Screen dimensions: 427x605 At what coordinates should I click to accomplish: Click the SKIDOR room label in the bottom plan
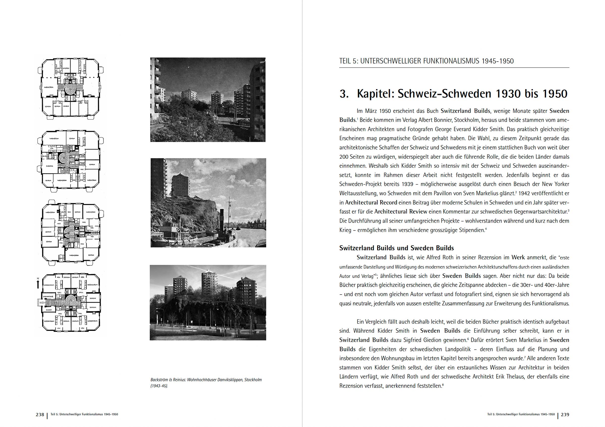pyautogui.click(x=49, y=310)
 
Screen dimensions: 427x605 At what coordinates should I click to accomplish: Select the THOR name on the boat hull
pyautogui.click(x=158, y=239)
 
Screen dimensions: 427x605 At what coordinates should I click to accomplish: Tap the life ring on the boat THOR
pyautogui.click(x=178, y=229)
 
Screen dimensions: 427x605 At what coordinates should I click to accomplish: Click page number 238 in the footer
pyautogui.click(x=40, y=415)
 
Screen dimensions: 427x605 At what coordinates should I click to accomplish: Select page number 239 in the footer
pyautogui.click(x=565, y=415)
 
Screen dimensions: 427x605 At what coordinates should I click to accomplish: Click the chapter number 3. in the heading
pyautogui.click(x=344, y=94)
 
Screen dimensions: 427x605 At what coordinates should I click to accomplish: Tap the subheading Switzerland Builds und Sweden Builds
pyautogui.click(x=396, y=248)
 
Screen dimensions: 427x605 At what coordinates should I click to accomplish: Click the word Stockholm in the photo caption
pyautogui.click(x=253, y=380)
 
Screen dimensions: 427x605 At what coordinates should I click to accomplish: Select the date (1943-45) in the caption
pyautogui.click(x=159, y=386)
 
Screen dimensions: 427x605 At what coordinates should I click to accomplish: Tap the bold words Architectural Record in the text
pyautogui.click(x=371, y=203)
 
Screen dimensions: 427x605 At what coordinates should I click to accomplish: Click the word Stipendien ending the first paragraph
pyautogui.click(x=472, y=230)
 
